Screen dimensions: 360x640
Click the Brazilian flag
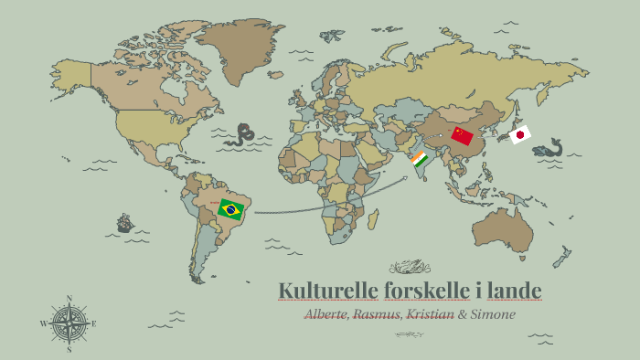[x=230, y=209]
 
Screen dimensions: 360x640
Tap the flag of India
[x=420, y=161]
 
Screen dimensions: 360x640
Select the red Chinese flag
[x=463, y=136]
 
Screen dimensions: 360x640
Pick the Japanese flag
[x=519, y=135]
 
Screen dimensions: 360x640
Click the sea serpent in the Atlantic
[x=242, y=135]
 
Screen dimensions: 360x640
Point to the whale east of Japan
[x=551, y=148]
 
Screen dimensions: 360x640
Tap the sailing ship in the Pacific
[x=125, y=222]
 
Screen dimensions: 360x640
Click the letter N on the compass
[x=69, y=298]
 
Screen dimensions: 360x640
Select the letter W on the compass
[x=43, y=324]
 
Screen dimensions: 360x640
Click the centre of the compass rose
[x=69, y=323]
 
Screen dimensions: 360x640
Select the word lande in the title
[x=515, y=291]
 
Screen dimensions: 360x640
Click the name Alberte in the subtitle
[x=328, y=313]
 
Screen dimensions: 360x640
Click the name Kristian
[x=430, y=313]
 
